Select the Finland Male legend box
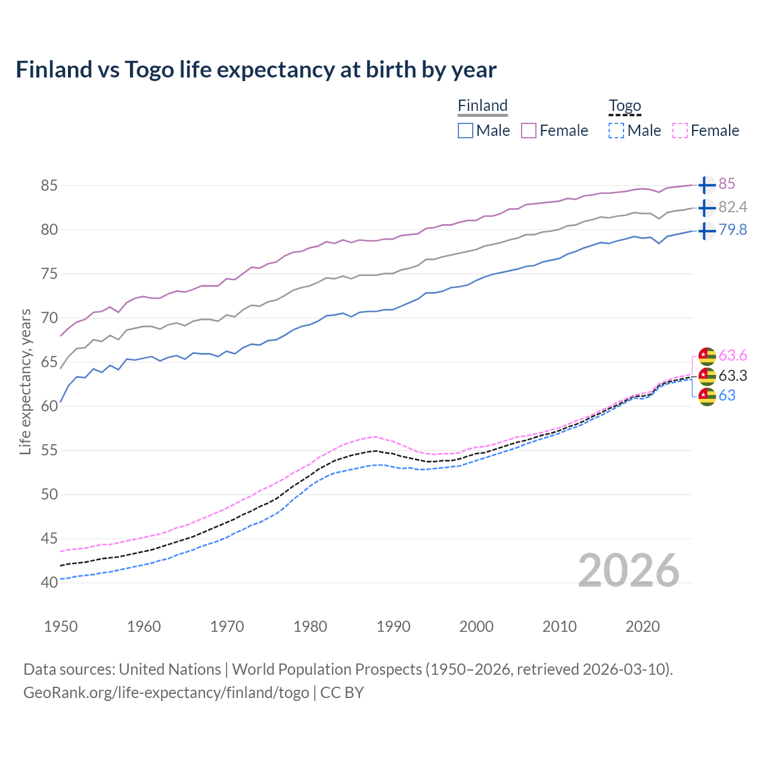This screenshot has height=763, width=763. [466, 131]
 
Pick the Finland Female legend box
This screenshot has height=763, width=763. [529, 131]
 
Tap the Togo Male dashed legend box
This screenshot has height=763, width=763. [616, 131]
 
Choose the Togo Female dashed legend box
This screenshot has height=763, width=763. [680, 131]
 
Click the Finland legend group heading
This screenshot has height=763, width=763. [482, 106]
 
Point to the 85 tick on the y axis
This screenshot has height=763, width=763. [49, 185]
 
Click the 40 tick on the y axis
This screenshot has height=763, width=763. [49, 582]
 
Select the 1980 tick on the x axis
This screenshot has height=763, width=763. [310, 626]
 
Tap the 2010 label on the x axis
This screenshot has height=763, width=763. [559, 626]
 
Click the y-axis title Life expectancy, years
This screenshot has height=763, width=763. [25, 381]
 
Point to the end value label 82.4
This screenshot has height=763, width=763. [733, 207]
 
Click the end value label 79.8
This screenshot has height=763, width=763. [733, 229]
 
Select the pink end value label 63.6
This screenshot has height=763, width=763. [733, 356]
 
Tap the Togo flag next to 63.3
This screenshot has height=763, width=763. [706, 376]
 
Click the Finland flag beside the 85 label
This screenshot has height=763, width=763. [706, 185]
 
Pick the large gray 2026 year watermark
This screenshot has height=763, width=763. [628, 570]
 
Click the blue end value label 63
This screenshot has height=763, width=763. [727, 395]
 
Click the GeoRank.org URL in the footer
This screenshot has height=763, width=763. [166, 693]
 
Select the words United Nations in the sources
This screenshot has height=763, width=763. [170, 669]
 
